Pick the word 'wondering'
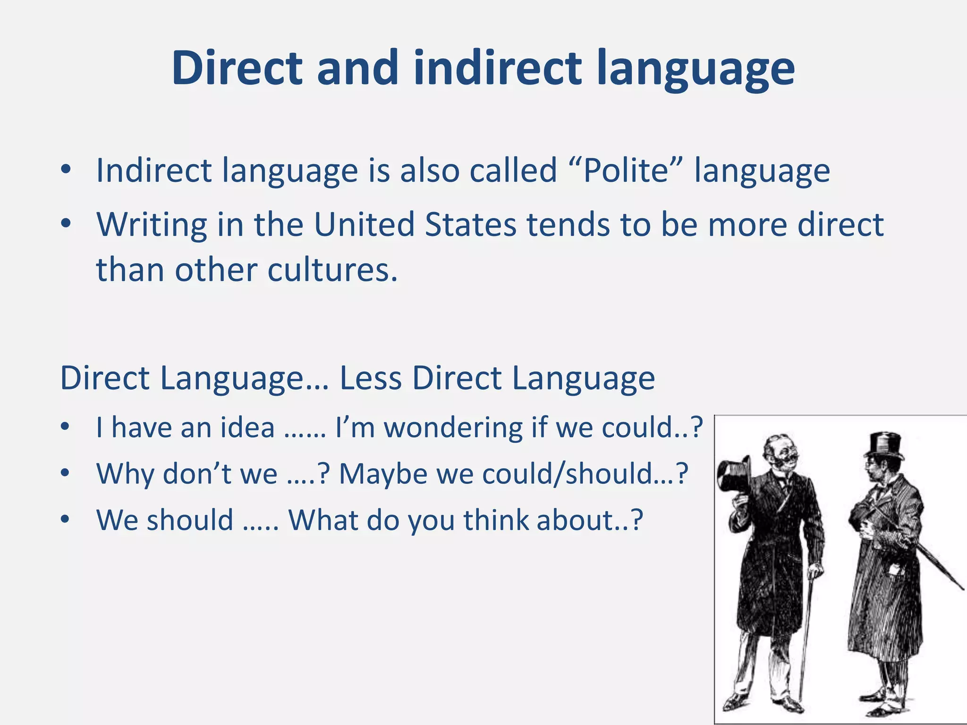(x=453, y=428)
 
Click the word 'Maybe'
(x=383, y=473)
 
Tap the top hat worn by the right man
(x=884, y=445)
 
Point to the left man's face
(x=781, y=453)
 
